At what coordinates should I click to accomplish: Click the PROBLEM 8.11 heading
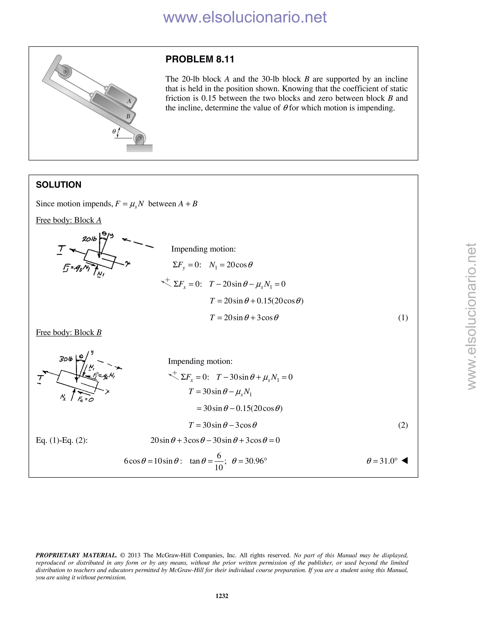tap(200, 59)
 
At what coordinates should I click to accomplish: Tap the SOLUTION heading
tap(58, 185)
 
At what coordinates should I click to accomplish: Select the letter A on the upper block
tap(129, 101)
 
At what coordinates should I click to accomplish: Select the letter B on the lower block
tap(128, 117)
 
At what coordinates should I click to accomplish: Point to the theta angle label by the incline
tap(114, 131)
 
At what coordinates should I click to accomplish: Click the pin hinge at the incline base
tap(140, 138)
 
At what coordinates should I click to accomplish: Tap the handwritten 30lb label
tap(66, 359)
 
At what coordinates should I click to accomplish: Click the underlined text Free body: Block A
tap(68, 220)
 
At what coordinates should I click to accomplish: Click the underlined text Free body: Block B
tap(68, 333)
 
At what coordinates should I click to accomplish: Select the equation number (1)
tap(403, 318)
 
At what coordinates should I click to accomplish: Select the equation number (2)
tap(403, 425)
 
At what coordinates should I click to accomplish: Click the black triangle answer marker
tap(405, 460)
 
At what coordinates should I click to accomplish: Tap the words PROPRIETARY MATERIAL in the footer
tap(76, 555)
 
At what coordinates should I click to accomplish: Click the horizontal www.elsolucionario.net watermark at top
tap(245, 17)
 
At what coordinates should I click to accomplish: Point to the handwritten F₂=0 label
tap(86, 399)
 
